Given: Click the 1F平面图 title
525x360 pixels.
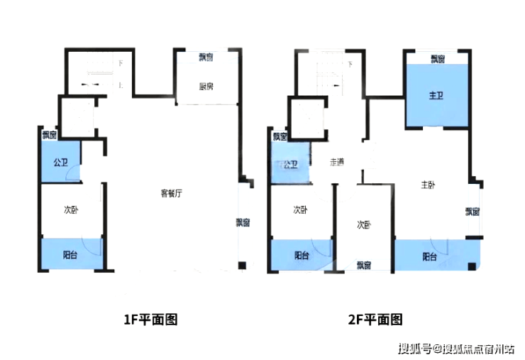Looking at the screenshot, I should [x=150, y=320].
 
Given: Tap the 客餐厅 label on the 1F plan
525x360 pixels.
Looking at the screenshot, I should [x=172, y=192].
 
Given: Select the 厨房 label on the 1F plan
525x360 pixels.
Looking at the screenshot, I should [x=206, y=87].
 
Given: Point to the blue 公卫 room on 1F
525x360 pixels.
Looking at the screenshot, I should [x=60, y=162].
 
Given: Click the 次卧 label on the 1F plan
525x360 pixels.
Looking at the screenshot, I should [x=71, y=209].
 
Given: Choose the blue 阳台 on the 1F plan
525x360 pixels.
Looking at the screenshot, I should [x=71, y=253].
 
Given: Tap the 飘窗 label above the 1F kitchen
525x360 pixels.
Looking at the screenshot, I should [x=206, y=56].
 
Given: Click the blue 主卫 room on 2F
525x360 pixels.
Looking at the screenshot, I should [x=436, y=95].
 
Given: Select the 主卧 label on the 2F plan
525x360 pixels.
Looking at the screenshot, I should [x=428, y=185].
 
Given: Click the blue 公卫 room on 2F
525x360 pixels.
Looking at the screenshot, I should [x=289, y=165].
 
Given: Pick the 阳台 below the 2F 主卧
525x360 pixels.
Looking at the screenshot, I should [x=430, y=256].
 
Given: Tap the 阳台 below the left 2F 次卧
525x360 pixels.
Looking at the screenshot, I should [x=302, y=255].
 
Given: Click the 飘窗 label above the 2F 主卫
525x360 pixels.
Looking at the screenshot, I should [x=438, y=59].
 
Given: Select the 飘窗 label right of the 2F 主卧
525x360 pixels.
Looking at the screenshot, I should [x=472, y=211].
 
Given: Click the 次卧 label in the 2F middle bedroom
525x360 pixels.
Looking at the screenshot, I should [x=364, y=224].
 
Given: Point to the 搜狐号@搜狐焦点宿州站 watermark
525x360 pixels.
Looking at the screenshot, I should [x=456, y=348].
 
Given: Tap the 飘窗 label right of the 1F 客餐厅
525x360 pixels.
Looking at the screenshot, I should [x=243, y=222].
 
